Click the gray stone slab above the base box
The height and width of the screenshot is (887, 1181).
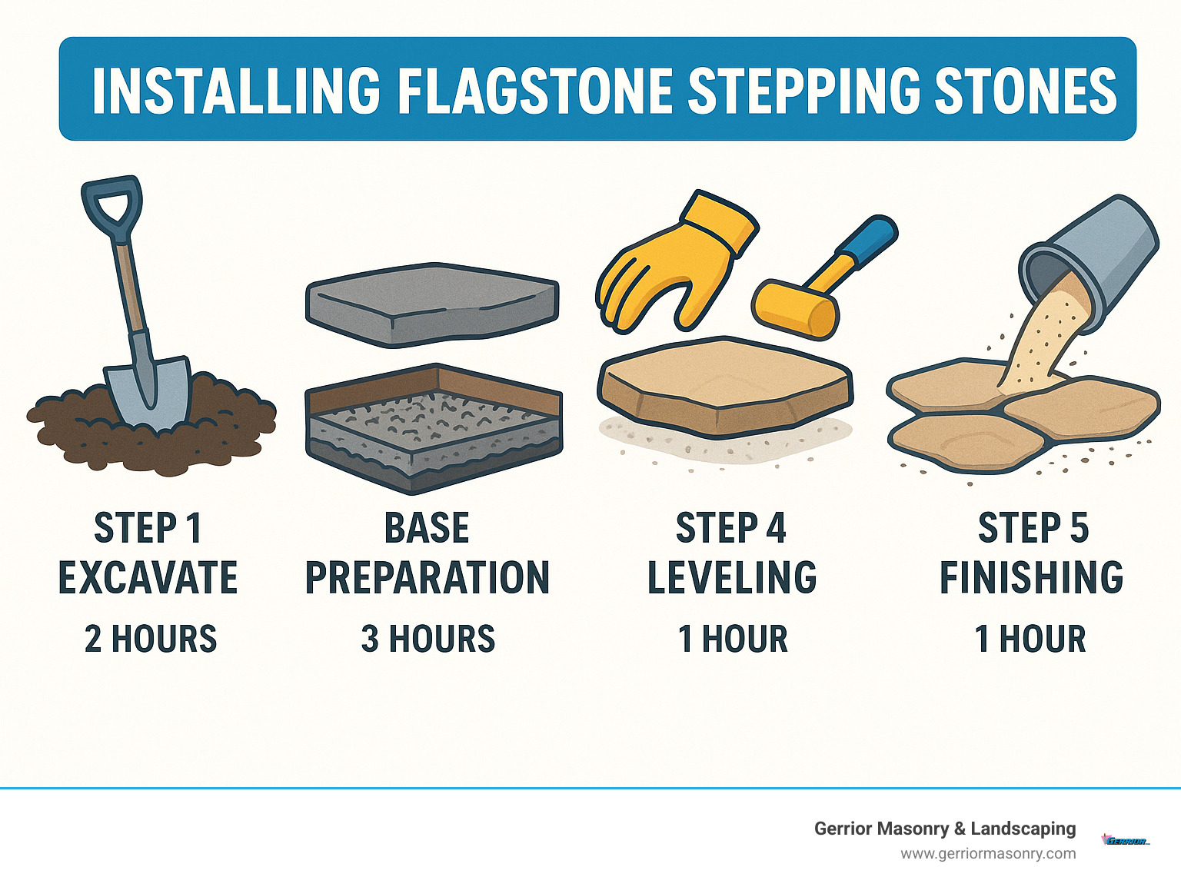click(x=432, y=302)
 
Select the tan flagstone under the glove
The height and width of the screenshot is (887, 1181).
click(x=724, y=384)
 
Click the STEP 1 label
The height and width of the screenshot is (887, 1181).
click(x=148, y=529)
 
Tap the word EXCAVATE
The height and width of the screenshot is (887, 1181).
click(x=148, y=578)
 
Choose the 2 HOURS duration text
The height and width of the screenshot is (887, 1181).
click(x=151, y=640)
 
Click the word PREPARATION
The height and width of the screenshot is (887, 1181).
click(x=427, y=578)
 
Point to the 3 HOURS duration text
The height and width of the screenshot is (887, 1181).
click(x=428, y=640)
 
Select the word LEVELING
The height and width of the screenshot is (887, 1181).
click(x=732, y=578)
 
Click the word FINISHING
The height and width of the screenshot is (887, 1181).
click(x=1032, y=578)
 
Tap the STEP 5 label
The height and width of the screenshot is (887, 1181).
click(x=1033, y=529)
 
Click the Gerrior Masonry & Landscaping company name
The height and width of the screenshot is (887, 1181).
click(x=945, y=829)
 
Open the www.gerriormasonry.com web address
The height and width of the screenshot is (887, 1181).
click(x=988, y=854)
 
